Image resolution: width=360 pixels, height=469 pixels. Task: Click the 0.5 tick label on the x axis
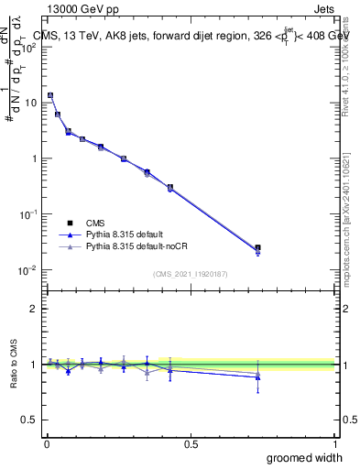191,444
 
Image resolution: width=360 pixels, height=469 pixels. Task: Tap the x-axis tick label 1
334,444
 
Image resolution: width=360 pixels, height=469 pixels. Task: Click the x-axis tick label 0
47,444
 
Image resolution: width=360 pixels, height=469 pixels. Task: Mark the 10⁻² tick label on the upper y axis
29,269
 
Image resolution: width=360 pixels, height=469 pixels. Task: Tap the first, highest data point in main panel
50,95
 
